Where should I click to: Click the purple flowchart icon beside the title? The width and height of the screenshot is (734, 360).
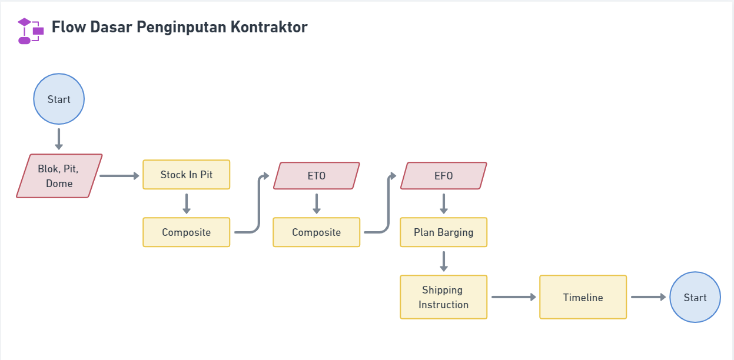[x=31, y=31]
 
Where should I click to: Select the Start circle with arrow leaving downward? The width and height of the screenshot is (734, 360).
[x=59, y=99]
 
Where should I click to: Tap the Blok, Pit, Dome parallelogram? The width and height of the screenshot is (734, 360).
[x=59, y=176]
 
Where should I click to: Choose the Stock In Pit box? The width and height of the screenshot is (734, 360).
[x=186, y=175]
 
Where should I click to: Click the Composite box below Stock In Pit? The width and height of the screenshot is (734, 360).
[x=186, y=232]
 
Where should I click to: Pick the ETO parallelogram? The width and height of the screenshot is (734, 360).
[x=316, y=176]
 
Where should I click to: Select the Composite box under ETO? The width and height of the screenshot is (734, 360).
[x=316, y=232]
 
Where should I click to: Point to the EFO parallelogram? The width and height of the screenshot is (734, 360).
[x=443, y=176]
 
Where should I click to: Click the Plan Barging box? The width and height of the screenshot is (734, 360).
[x=443, y=232]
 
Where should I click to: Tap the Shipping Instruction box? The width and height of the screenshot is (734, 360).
[x=443, y=297]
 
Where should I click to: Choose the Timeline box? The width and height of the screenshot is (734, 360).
[x=583, y=297]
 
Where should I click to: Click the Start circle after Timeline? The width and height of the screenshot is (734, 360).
[x=695, y=297]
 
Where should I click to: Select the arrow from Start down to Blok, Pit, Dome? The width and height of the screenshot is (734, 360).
[x=59, y=139]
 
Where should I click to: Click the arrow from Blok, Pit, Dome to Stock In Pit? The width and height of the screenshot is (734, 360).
[x=119, y=176]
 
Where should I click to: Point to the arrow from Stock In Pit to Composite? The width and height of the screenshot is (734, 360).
[x=187, y=204]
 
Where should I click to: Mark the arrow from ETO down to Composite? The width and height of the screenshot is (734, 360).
[x=317, y=204]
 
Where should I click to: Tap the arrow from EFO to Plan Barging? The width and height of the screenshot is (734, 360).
[x=444, y=204]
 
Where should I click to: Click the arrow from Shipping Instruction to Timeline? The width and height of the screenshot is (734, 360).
[x=513, y=297]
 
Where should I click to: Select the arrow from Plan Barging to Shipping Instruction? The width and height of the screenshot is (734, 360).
[x=444, y=261]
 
